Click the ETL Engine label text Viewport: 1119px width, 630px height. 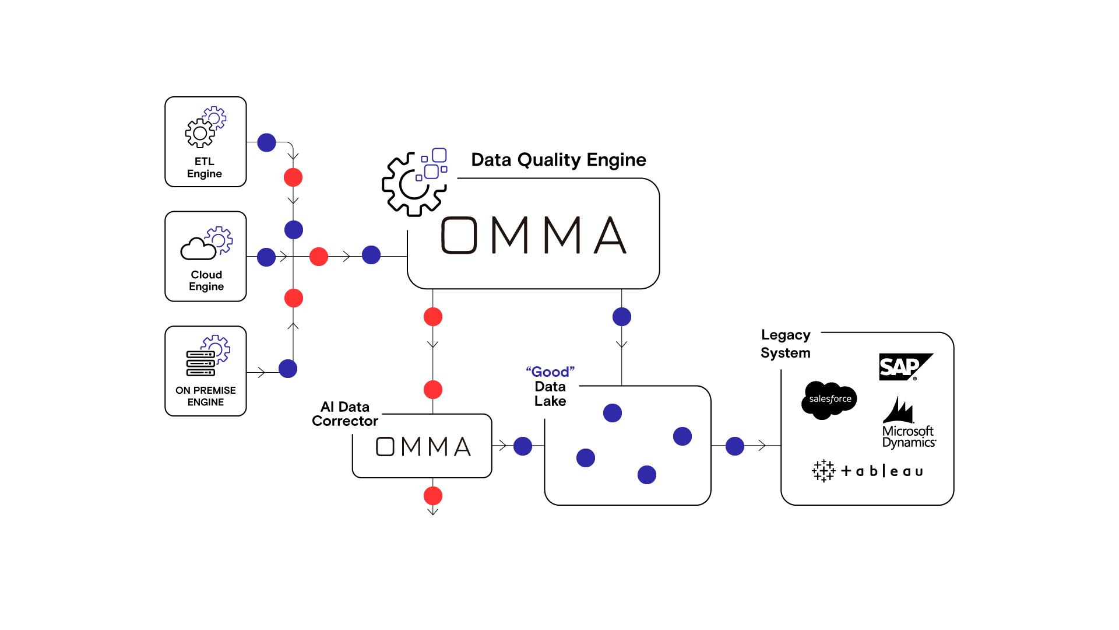click(x=205, y=167)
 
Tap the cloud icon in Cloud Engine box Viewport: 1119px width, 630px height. click(x=198, y=249)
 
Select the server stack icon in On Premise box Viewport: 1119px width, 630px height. click(x=200, y=363)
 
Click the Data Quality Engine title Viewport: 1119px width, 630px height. click(x=558, y=160)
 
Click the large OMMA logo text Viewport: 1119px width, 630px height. click(x=533, y=235)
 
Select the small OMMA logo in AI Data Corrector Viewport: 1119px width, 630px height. click(x=423, y=447)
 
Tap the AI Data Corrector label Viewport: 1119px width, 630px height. click(x=344, y=414)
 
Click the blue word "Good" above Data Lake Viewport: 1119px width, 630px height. click(x=550, y=372)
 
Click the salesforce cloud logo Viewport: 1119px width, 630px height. click(x=829, y=400)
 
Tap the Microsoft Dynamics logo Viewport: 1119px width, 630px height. click(x=908, y=424)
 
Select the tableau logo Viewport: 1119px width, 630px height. click(x=868, y=471)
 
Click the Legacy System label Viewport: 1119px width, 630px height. click(x=786, y=344)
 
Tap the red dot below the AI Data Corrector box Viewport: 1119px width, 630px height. click(x=433, y=496)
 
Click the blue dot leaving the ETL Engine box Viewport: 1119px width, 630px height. click(x=266, y=142)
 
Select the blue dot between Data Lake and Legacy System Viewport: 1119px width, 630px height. click(x=735, y=446)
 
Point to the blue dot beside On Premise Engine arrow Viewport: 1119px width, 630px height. click(x=288, y=369)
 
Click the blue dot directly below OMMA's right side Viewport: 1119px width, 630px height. click(x=622, y=317)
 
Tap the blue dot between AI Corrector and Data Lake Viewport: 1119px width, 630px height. click(x=523, y=446)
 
